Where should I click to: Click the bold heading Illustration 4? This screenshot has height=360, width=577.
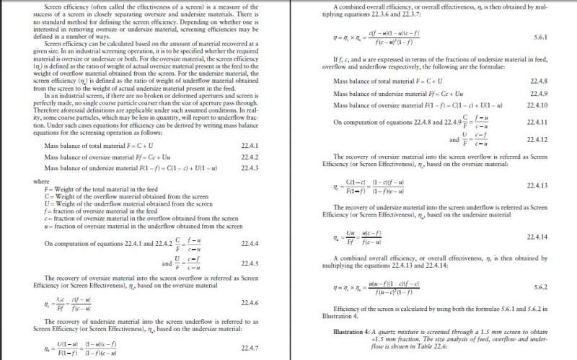pos(353,330)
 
